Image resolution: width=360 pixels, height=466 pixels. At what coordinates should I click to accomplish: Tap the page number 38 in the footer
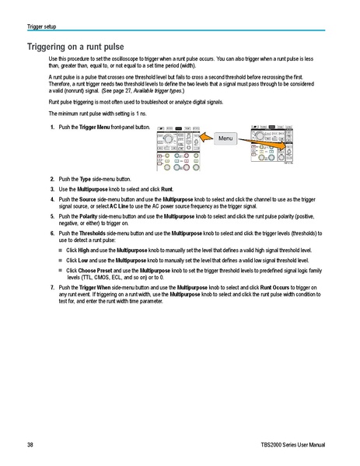click(x=30, y=444)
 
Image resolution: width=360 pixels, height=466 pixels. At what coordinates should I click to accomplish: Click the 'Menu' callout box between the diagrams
click(x=225, y=138)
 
